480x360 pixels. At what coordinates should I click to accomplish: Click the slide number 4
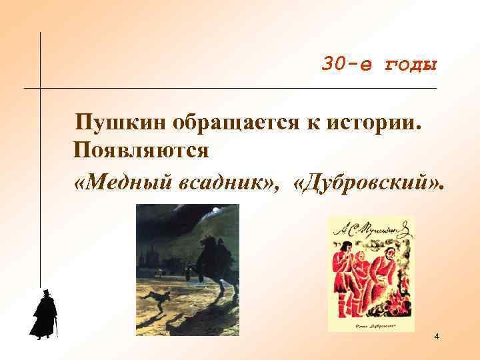tap(436, 337)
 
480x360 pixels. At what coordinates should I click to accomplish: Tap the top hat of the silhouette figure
tap(47, 293)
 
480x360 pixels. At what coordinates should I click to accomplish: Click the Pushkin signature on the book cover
tap(370, 230)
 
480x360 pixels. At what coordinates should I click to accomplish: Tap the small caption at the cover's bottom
tap(370, 324)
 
